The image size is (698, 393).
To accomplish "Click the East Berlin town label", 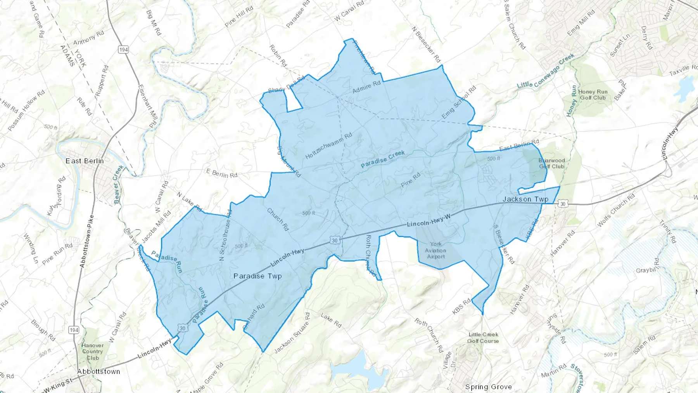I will [85, 161].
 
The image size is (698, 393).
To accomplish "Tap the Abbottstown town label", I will [98, 372].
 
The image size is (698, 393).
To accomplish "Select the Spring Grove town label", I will [488, 387].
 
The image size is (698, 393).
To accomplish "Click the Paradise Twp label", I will [257, 276].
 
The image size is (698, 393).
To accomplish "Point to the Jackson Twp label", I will [525, 199].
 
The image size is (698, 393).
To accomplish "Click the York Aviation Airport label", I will [436, 250].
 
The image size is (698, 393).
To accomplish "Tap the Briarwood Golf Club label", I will [551, 163].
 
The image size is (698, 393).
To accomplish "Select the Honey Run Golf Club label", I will [593, 95].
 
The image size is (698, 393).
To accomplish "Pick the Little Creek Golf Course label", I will [483, 338].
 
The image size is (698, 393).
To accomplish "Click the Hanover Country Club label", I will [93, 351].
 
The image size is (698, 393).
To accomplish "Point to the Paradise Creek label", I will [383, 159].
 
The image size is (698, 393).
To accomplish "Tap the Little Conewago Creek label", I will [546, 71].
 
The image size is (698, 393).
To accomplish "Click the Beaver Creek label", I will [119, 184].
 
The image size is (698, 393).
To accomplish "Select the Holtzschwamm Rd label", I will [328, 145].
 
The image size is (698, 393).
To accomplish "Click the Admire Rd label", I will [366, 87].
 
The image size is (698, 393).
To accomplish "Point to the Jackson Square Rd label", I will [292, 333].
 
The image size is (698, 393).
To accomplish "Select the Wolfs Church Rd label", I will [616, 210].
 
